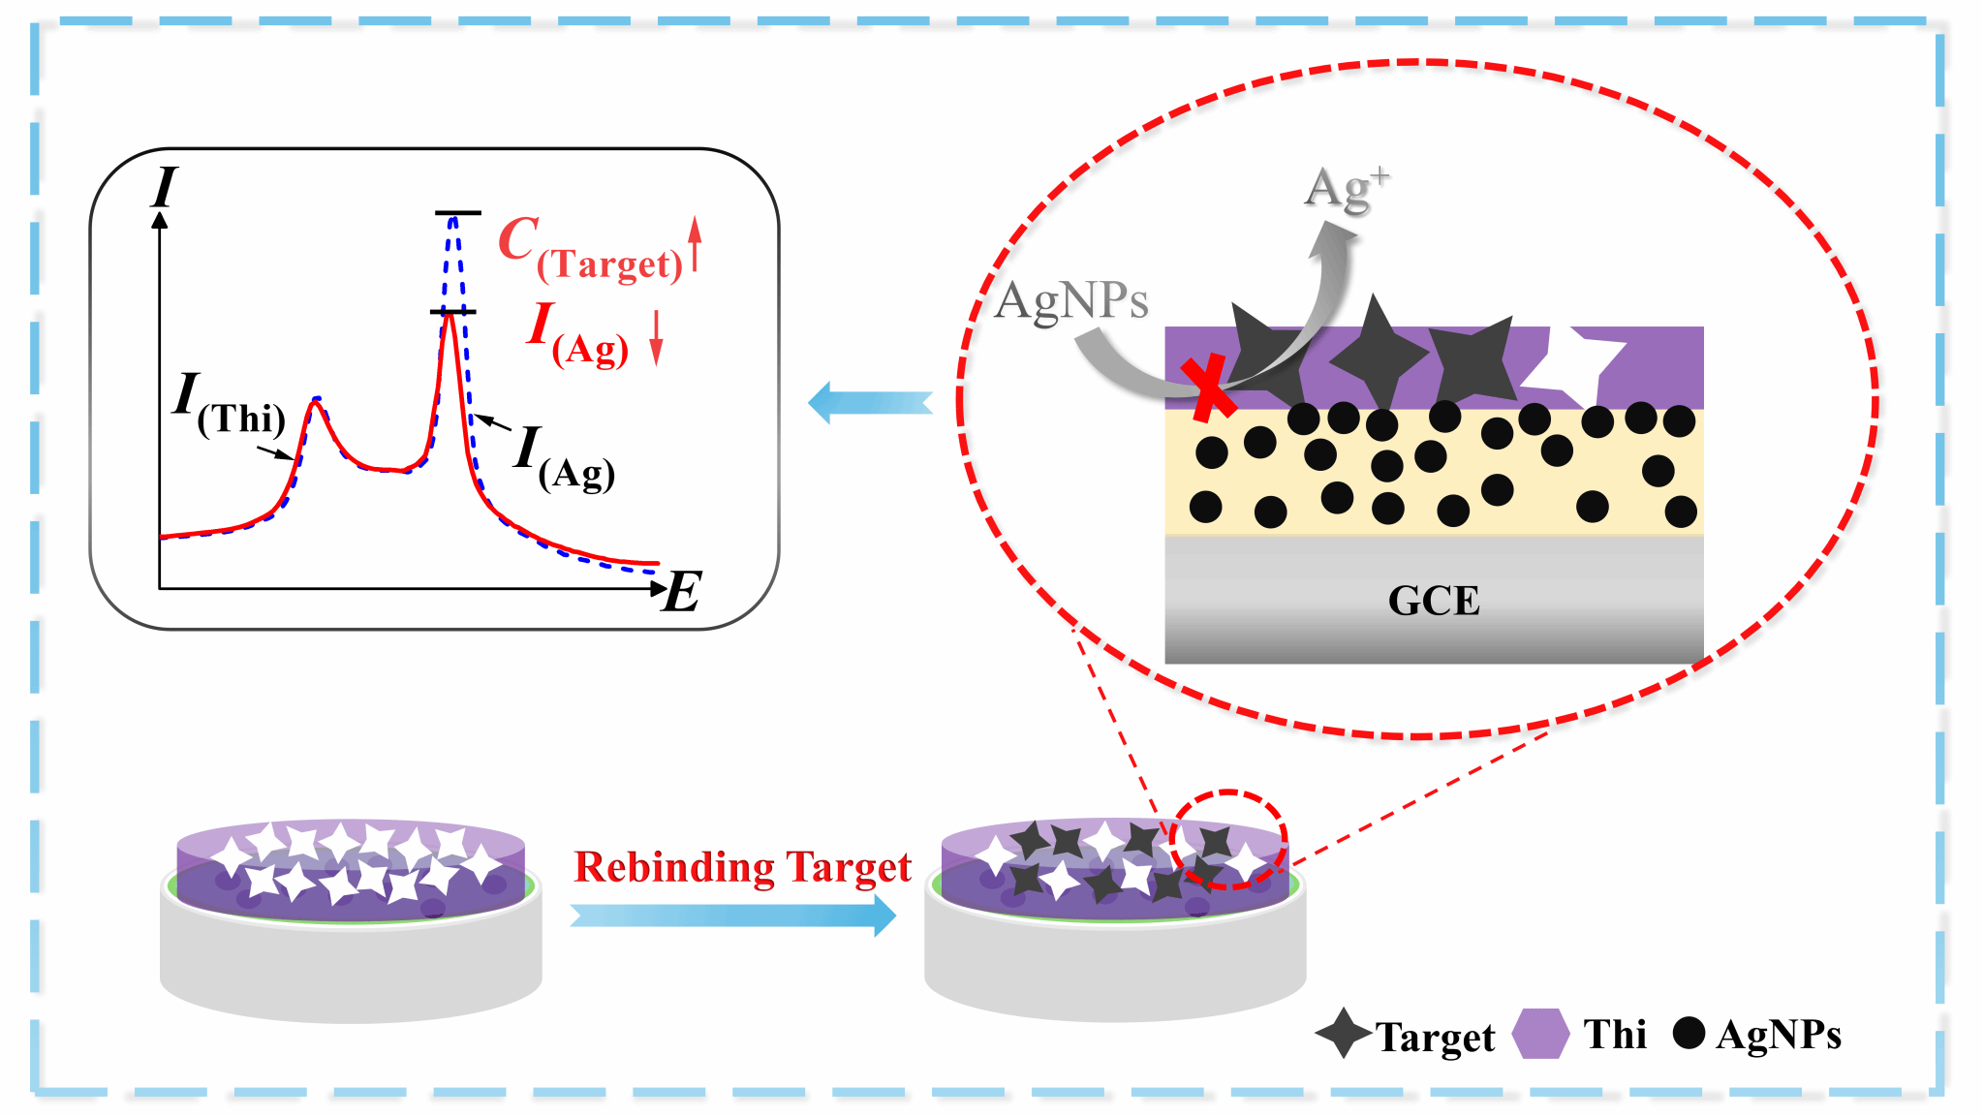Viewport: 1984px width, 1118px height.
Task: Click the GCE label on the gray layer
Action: tap(1434, 601)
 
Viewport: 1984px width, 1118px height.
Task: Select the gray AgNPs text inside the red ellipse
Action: tap(1071, 300)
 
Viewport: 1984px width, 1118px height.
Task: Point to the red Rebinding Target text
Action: tap(742, 867)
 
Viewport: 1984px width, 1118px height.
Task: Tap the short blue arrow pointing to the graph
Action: tap(870, 403)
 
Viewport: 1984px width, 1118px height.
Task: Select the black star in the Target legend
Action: tap(1344, 1033)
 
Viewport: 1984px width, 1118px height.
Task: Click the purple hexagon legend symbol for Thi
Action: tap(1540, 1034)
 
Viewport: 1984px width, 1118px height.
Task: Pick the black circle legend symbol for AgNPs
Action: tap(1689, 1033)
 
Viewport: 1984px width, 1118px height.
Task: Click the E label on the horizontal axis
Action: tap(682, 592)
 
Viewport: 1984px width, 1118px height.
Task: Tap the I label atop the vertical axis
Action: tap(165, 187)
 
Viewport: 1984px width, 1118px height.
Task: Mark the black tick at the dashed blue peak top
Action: tap(457, 212)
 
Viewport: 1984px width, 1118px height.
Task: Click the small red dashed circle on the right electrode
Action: tap(1228, 839)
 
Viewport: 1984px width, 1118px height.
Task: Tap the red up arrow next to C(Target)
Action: tap(695, 243)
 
